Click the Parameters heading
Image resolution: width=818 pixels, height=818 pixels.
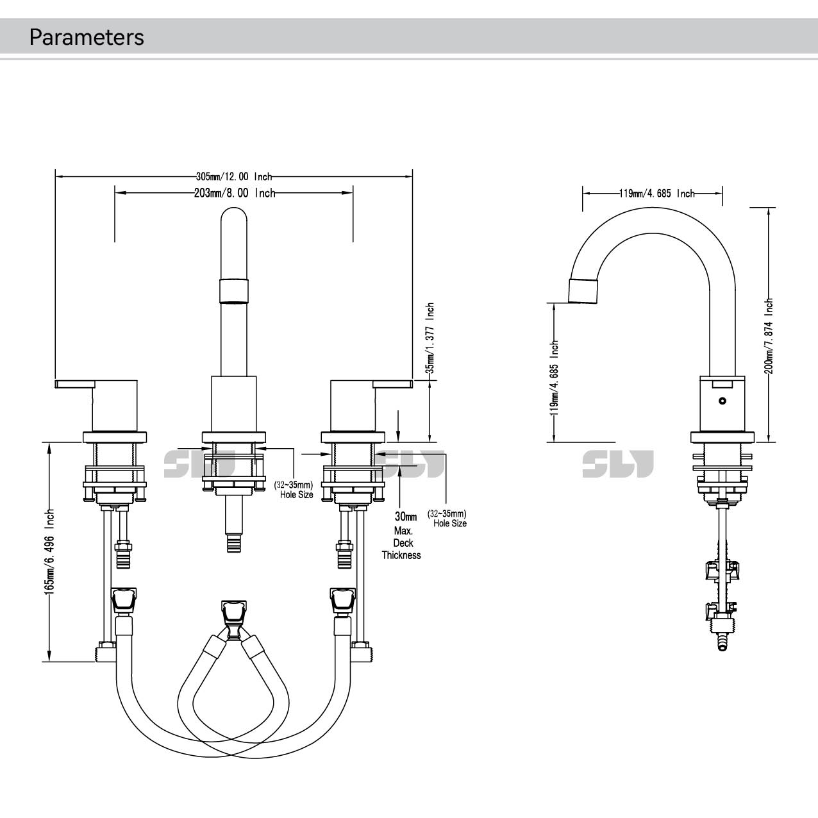tap(87, 37)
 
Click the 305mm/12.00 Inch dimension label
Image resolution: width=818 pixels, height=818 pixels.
tap(234, 176)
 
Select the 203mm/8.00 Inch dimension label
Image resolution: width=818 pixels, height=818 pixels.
tap(234, 193)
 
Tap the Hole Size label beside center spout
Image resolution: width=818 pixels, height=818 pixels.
tap(296, 490)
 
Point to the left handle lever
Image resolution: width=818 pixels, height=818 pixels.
tap(76, 384)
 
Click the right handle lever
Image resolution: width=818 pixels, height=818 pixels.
tap(392, 384)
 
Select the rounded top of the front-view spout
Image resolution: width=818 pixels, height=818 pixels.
tap(234, 218)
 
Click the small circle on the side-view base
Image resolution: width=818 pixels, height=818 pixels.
tap(722, 402)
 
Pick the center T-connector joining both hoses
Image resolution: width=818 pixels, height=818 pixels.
tap(233, 616)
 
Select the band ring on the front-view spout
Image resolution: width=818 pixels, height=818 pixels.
tap(234, 290)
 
